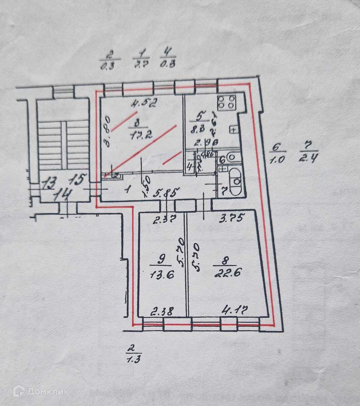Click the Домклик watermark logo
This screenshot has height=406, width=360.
tap(41, 392)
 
